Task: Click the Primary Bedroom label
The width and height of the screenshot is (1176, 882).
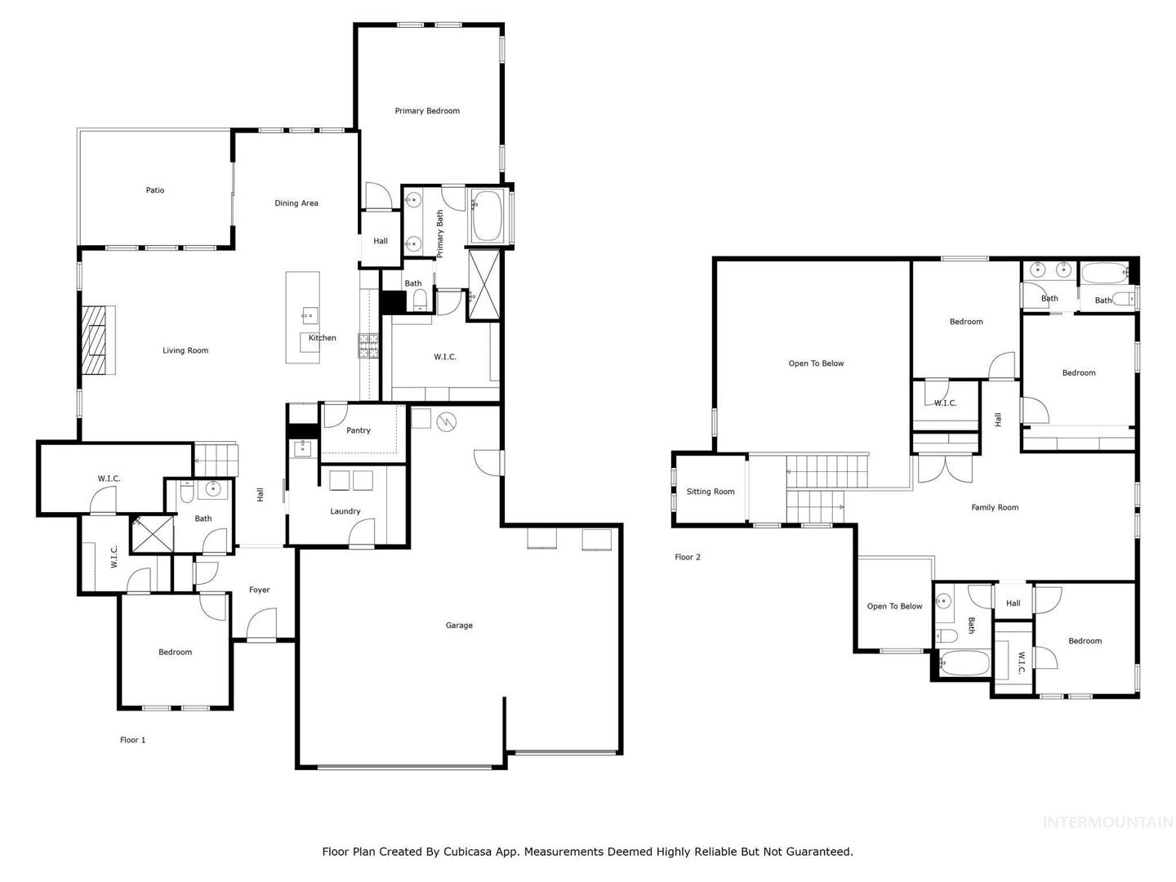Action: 427,111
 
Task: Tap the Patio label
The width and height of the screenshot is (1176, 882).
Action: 155,190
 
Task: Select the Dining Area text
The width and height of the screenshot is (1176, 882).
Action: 296,203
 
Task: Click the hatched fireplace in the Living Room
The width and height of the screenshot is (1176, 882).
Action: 98,340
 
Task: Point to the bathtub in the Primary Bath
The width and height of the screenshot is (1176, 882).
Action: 488,216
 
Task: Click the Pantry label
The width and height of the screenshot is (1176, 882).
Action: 358,430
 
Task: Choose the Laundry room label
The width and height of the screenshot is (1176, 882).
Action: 345,511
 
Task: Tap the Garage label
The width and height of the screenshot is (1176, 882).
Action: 459,625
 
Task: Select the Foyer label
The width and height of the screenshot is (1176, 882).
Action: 260,590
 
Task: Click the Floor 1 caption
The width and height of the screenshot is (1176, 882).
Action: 132,740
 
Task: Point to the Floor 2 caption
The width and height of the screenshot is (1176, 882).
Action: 688,557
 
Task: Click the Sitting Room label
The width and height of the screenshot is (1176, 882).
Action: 710,491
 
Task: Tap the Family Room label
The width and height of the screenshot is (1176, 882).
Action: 995,507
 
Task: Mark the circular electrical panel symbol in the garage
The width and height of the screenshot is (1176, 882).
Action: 446,422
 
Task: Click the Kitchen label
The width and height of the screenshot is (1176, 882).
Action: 323,337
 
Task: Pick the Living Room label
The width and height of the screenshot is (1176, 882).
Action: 185,350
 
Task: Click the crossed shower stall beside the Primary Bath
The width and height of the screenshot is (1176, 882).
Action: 483,286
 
